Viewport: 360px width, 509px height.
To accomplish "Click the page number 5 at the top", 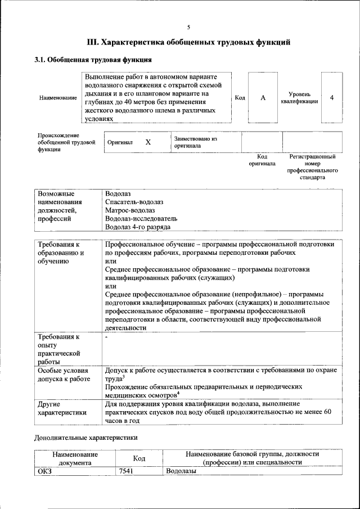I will coord(188,27).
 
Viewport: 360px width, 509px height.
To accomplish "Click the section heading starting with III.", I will coord(188,42).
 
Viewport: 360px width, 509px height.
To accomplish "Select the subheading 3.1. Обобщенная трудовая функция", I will coord(93,60).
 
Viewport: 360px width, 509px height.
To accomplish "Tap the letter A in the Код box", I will coord(263,97).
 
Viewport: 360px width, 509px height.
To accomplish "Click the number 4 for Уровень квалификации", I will coord(332,97).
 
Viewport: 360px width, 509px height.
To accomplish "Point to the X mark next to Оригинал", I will coord(148,142).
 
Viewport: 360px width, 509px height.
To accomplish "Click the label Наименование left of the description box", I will coord(58,98).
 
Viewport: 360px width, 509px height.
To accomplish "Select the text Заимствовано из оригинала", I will coord(195,142).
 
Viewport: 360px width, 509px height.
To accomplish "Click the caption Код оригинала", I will coord(262,160).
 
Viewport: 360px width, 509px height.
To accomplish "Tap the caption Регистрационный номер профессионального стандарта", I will coord(312,166).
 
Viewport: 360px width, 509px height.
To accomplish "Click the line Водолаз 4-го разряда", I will coord(137,227).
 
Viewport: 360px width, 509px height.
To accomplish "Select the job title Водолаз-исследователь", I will coord(141,219).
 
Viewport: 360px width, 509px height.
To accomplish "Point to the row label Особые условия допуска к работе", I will coord(64,375).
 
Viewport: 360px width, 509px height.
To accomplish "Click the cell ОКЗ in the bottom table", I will coord(44,471).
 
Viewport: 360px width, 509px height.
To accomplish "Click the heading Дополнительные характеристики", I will coord(86,436).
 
